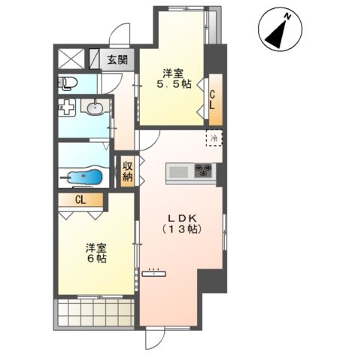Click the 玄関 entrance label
117,60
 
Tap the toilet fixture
68,83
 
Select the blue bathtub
86,177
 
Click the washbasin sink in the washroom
95,108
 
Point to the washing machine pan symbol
66,107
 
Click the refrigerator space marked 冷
214,138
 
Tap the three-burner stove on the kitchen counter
204,170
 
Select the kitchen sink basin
178,172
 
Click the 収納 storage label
127,171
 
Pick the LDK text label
182,218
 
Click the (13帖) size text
182,229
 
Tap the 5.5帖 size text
174,84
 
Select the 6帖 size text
96,259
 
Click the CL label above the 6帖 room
80,200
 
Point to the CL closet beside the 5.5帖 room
216,100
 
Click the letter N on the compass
287,17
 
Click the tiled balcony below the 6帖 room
94,313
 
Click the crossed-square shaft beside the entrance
71,59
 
